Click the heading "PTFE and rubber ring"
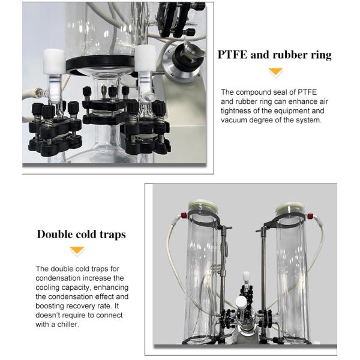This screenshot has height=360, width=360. pyautogui.click(x=274, y=55)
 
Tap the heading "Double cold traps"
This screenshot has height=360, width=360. pyautogui.click(x=82, y=235)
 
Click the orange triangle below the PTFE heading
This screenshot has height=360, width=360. pyautogui.click(x=275, y=72)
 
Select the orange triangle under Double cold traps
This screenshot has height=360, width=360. pyautogui.click(x=77, y=250)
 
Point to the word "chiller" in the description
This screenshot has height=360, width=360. pyautogui.click(x=68, y=325)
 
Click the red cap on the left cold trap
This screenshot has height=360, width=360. pyautogui.click(x=184, y=215)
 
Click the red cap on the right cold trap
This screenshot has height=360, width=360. pyautogui.click(x=310, y=216)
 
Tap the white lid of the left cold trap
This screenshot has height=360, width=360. pyautogui.click(x=203, y=205)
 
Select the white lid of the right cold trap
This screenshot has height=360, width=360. pyautogui.click(x=290, y=207)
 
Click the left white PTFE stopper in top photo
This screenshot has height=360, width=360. pyautogui.click(x=54, y=62)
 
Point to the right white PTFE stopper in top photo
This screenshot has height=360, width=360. pyautogui.click(x=145, y=58)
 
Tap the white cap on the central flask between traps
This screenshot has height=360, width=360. pyautogui.click(x=241, y=302)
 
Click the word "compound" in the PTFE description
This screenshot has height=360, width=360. pyautogui.click(x=257, y=92)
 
